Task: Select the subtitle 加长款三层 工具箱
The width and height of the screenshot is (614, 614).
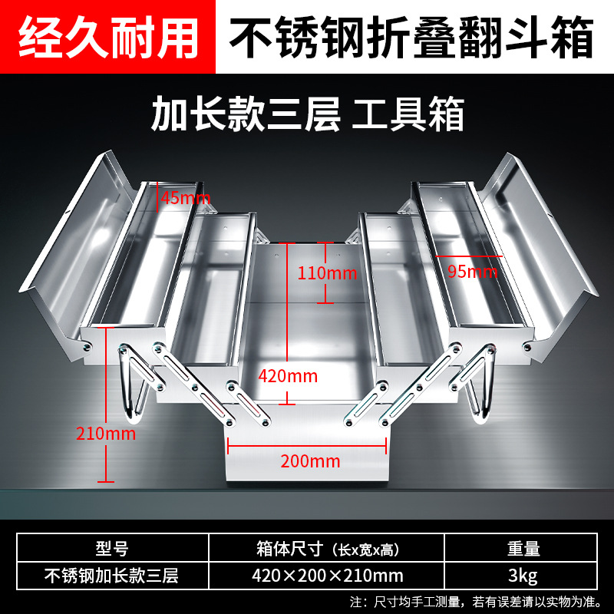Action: coord(307,115)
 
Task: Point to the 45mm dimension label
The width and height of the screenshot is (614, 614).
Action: coord(185,198)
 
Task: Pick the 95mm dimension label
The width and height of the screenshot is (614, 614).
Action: coord(472,271)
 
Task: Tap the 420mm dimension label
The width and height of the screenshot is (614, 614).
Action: coord(289,375)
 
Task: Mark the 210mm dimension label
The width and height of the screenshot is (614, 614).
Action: coord(106,433)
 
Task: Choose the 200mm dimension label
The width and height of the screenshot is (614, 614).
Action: coord(310,460)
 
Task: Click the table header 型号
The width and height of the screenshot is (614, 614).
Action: coord(111,549)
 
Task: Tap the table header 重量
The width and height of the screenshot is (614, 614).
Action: coord(523,549)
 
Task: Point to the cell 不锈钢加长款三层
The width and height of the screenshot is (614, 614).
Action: coord(111,575)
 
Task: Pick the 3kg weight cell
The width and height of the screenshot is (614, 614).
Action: coord(523,575)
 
